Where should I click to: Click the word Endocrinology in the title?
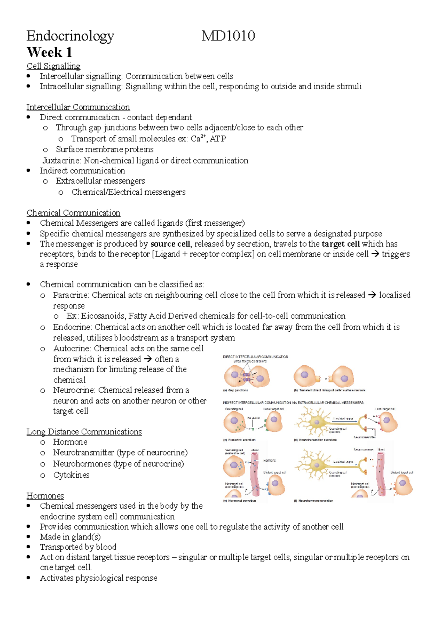[70, 36]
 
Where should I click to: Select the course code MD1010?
[228, 36]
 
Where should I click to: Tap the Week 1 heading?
[49, 53]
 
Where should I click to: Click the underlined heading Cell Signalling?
[53, 66]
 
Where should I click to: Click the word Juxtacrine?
[61, 161]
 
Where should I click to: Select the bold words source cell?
[170, 244]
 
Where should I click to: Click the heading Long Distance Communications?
[84, 432]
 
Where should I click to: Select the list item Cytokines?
[71, 475]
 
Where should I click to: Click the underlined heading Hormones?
[45, 496]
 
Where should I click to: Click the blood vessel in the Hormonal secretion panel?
[255, 474]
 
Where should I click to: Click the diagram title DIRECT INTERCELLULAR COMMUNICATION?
[255, 357]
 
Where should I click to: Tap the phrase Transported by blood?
[78, 547]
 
